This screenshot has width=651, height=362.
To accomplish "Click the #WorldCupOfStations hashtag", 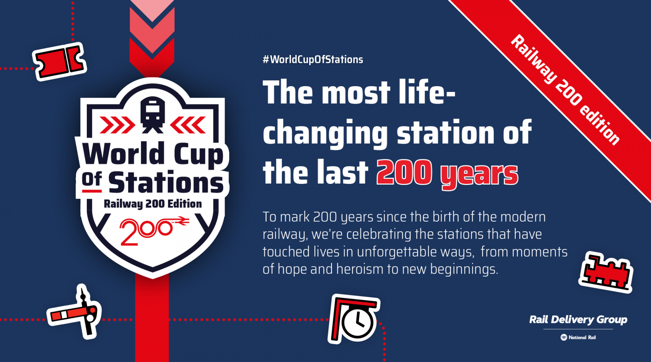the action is point(313,60).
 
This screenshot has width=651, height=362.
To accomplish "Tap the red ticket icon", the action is point(59,62).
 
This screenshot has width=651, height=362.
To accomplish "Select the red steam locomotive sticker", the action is point(606,272).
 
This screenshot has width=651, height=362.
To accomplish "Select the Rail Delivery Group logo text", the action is point(578,320).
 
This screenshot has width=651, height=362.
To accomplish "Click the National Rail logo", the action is point(578,337).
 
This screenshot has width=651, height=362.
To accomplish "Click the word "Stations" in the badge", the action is point(166,182).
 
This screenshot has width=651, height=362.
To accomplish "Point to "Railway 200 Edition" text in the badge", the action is point(153,204).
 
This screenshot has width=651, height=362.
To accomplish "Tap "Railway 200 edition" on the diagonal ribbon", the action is point(565,90).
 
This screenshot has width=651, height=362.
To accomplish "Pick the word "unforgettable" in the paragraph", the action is point(416,252).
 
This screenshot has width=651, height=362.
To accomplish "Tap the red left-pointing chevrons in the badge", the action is point(188,125).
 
